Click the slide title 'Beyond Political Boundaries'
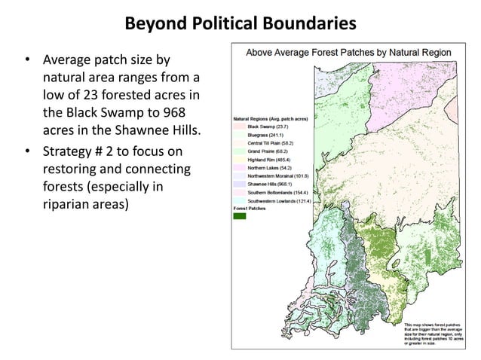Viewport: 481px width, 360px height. click(240, 24)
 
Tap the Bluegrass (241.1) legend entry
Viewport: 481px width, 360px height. click(264, 136)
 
